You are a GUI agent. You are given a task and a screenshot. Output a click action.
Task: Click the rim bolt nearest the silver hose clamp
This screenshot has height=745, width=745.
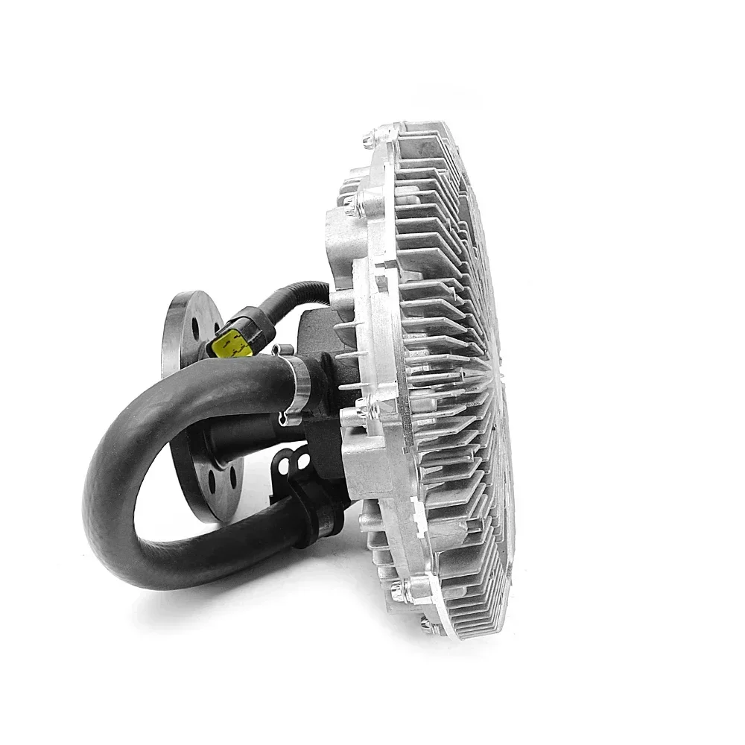tap(361, 406)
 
